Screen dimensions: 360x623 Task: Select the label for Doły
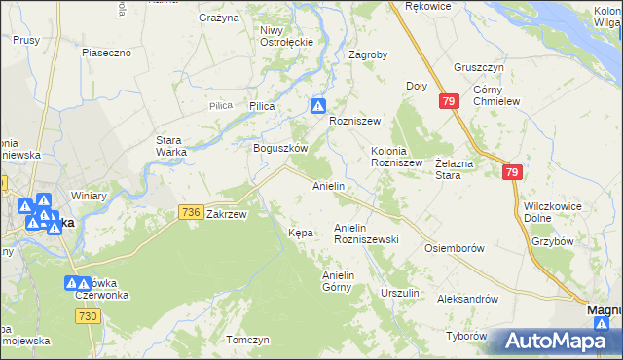point(417,86)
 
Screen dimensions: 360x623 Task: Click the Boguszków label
point(280,149)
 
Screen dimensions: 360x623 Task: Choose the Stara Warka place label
point(176,146)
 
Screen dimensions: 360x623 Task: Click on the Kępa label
point(300,233)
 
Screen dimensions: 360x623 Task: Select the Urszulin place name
point(399,293)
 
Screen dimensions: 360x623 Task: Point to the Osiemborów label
point(455,248)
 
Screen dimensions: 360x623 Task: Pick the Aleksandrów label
point(467,300)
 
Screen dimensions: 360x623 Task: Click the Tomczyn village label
point(247,341)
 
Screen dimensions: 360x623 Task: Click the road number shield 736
point(191,212)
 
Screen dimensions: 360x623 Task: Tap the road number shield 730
point(88,317)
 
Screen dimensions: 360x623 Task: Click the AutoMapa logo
point(554,341)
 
